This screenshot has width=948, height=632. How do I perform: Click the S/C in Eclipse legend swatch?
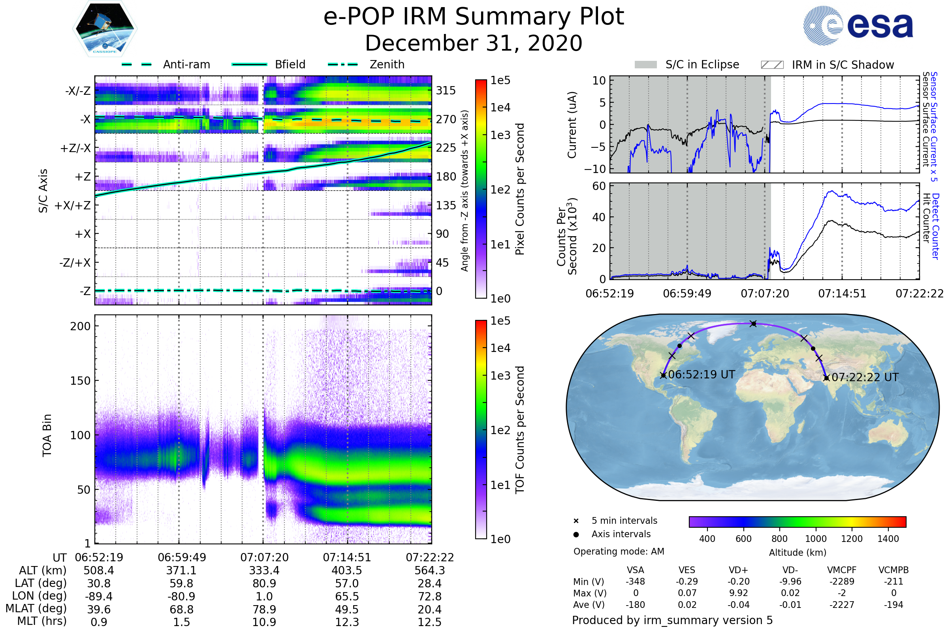pyautogui.click(x=645, y=65)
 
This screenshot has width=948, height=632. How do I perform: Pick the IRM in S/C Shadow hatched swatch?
pyautogui.click(x=772, y=65)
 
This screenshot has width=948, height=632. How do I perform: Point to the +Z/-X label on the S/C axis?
pyautogui.click(x=75, y=149)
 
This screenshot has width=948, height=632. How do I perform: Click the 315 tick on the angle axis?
pyautogui.click(x=446, y=91)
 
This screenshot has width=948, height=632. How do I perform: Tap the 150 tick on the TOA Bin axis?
pyautogui.click(x=80, y=381)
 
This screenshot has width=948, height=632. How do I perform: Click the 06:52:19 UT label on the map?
pyautogui.click(x=702, y=375)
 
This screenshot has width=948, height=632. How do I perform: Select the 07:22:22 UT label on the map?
pyautogui.click(x=865, y=378)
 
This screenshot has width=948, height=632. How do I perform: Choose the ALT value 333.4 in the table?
pyautogui.click(x=264, y=571)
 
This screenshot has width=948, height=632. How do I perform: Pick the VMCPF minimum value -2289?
pyautogui.click(x=842, y=581)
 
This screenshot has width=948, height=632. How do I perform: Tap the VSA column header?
pyautogui.click(x=635, y=570)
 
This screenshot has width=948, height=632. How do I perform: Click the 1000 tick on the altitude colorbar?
pyautogui.click(x=815, y=539)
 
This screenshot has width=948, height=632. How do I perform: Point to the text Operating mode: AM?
pyautogui.click(x=619, y=551)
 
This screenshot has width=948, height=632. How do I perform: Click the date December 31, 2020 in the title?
pyautogui.click(x=474, y=43)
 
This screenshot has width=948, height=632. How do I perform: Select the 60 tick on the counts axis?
pyautogui.click(x=599, y=186)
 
